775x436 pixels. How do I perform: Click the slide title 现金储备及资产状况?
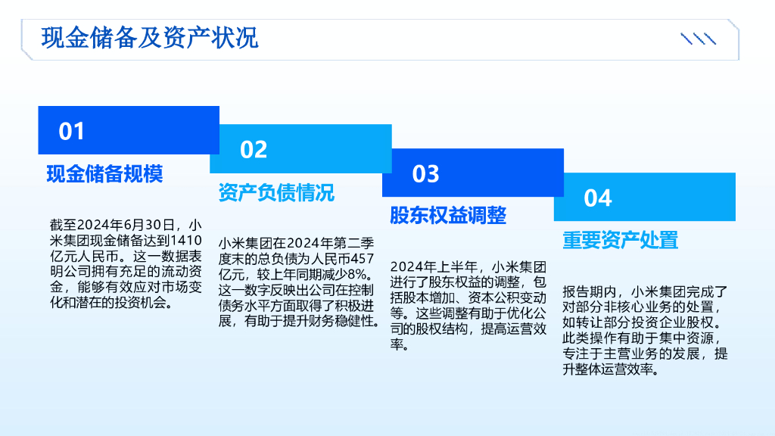point(149,37)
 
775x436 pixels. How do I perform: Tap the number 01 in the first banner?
point(72,131)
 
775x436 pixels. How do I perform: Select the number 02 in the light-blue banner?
point(254,149)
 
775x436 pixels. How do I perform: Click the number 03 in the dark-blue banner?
point(425,173)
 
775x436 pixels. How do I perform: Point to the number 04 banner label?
point(597,198)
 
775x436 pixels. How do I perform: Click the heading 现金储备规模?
point(104,173)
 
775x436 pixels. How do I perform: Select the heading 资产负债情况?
point(276,192)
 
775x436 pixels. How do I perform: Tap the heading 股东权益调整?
point(448,215)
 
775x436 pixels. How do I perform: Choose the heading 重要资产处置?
point(620,239)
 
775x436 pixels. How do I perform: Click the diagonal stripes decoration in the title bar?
point(698,39)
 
